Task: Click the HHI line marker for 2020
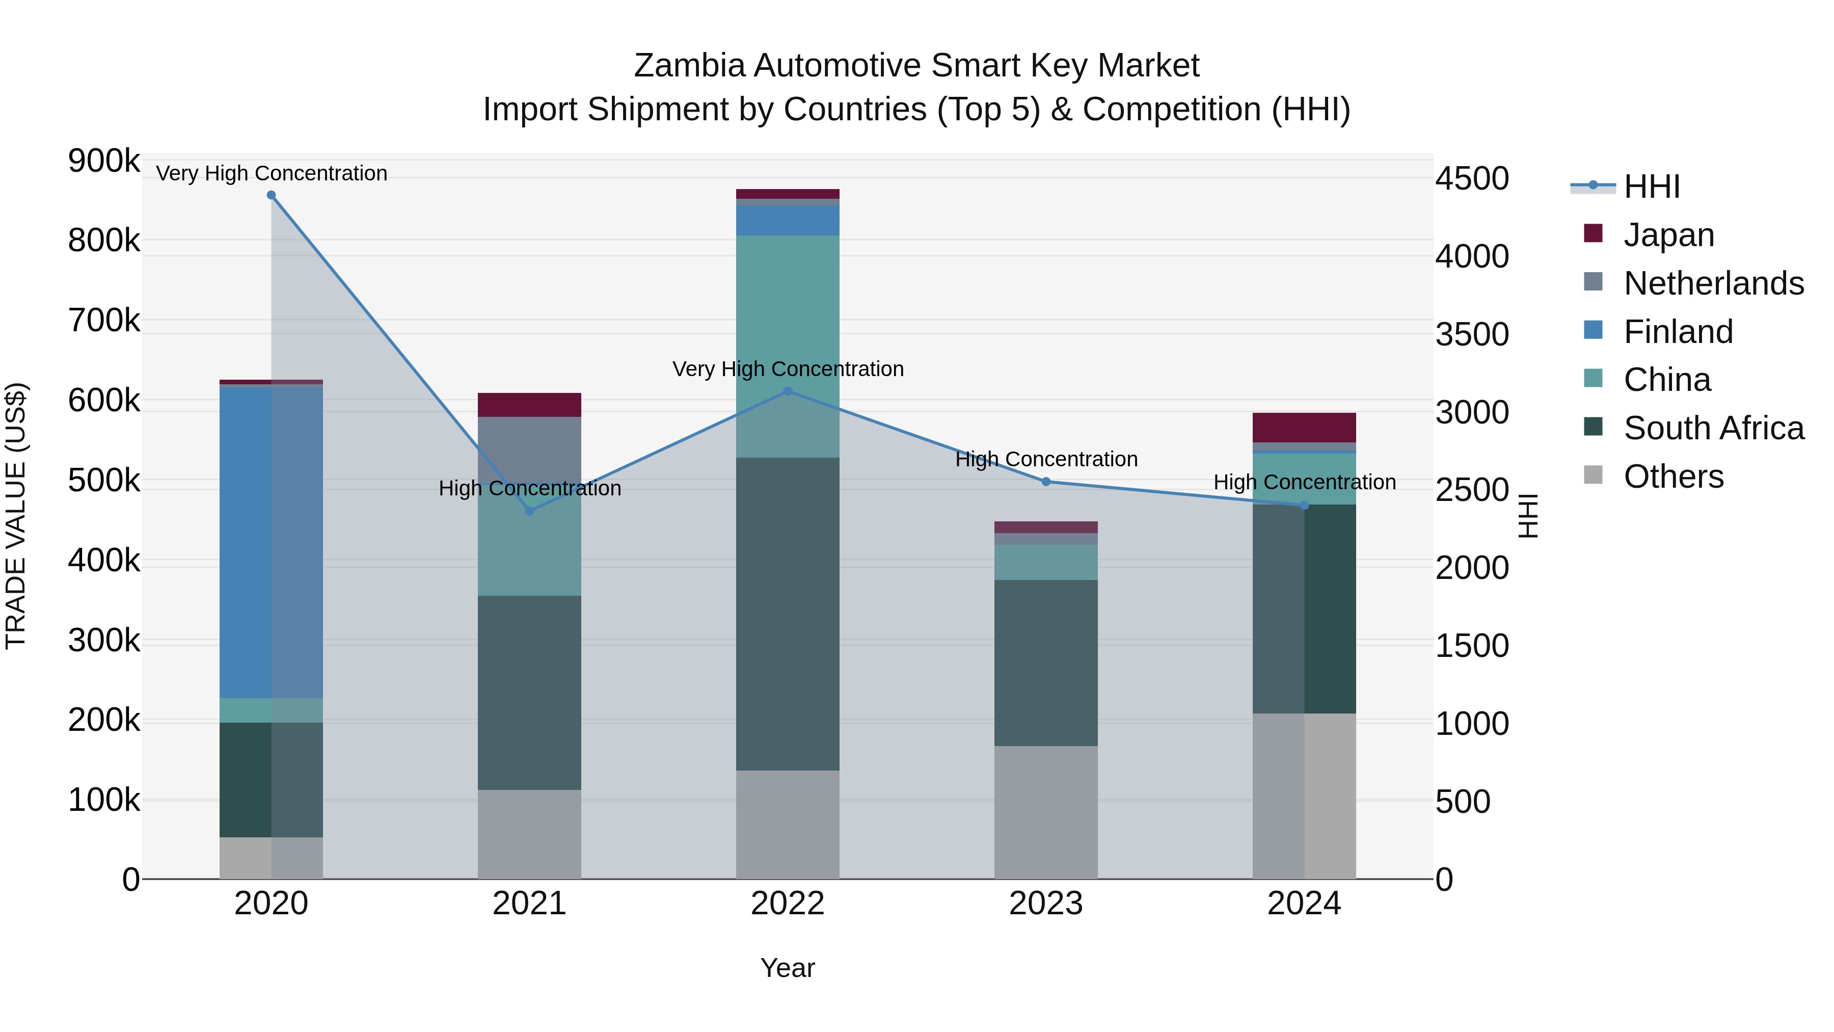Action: pyautogui.click(x=271, y=195)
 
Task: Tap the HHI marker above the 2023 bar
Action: pyautogui.click(x=1046, y=482)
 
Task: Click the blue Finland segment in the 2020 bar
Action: pyautogui.click(x=271, y=541)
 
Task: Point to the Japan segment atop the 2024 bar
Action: pyautogui.click(x=1304, y=428)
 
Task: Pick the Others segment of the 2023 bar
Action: pyautogui.click(x=1046, y=812)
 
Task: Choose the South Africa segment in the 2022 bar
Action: pyautogui.click(x=788, y=613)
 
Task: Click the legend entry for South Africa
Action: pyautogui.click(x=1713, y=428)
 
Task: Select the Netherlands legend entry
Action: pyautogui.click(x=1713, y=283)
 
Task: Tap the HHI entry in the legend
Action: pyautogui.click(x=1652, y=187)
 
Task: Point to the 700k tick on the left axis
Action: pyautogui.click(x=104, y=321)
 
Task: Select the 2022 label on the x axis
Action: pyautogui.click(x=788, y=904)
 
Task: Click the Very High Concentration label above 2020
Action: pyautogui.click(x=271, y=173)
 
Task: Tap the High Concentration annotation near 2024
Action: pyautogui.click(x=1304, y=482)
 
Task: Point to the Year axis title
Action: pyautogui.click(x=788, y=968)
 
